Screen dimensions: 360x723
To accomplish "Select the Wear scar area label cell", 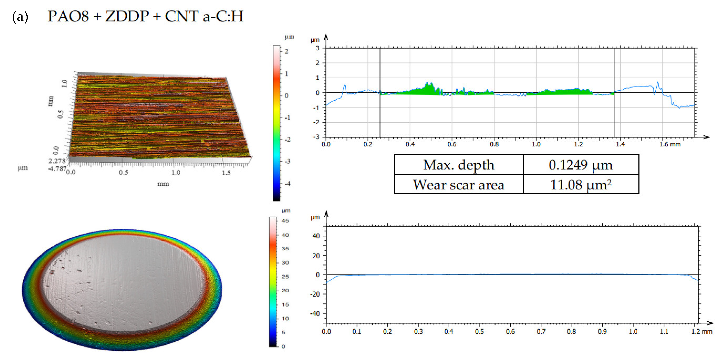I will (x=459, y=185).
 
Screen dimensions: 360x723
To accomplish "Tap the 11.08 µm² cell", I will (x=580, y=185).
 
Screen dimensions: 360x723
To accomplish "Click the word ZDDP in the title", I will (x=127, y=16).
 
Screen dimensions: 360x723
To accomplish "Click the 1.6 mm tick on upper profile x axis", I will (x=670, y=144).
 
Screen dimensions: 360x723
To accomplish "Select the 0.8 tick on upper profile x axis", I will (x=494, y=144).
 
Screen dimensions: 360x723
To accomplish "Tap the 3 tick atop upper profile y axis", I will (x=317, y=48).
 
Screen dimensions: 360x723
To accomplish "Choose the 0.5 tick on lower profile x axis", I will (x=479, y=331).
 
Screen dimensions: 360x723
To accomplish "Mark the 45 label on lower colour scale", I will (x=285, y=221).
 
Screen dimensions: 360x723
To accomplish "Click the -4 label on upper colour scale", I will (x=287, y=184).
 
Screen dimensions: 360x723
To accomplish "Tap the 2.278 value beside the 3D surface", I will (x=57, y=161).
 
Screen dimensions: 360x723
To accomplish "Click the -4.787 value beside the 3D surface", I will (x=57, y=169).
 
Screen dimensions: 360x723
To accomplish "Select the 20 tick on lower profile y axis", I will (x=316, y=256).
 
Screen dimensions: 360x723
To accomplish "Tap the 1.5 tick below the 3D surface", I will (x=226, y=173).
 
